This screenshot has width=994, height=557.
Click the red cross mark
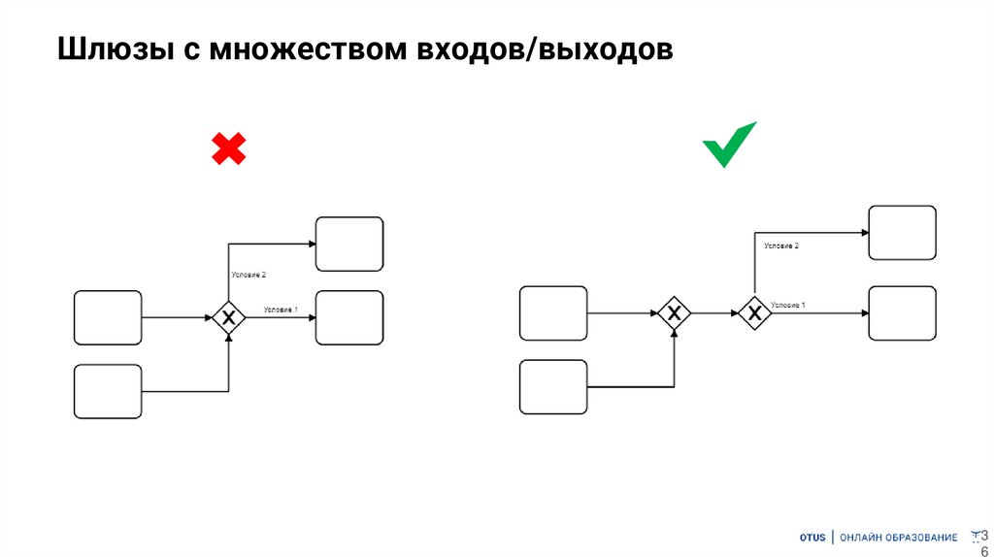click(x=229, y=148)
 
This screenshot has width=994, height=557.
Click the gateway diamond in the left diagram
click(x=229, y=317)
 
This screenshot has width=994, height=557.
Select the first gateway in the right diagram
click(x=674, y=312)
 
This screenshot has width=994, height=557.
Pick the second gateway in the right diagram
click(x=754, y=312)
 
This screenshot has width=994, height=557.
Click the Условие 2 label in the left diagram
click(x=248, y=277)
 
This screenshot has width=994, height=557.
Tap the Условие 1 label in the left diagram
click(x=281, y=310)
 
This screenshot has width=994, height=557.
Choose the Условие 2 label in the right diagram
click(x=781, y=246)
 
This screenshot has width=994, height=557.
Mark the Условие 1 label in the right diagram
click(x=788, y=305)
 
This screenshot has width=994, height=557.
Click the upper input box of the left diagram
click(x=108, y=317)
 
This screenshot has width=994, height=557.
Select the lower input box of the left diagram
click(x=108, y=391)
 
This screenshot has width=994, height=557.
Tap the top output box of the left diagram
click(x=349, y=244)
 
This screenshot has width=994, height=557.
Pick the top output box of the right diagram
click(x=902, y=233)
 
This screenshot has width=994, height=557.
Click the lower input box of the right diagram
click(x=553, y=387)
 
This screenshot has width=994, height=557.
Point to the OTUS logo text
click(x=812, y=537)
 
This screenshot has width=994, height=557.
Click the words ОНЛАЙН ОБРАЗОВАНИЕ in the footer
click(x=898, y=537)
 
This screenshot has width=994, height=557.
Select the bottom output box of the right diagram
click(x=902, y=312)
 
